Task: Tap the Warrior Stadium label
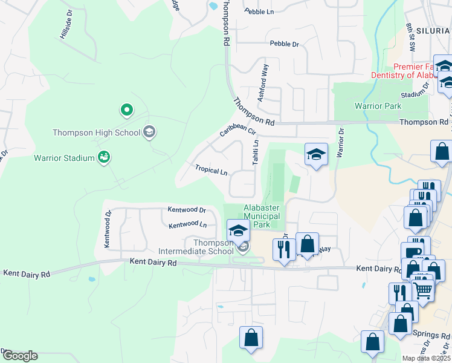(x=63, y=159)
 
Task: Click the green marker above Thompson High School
(x=127, y=110)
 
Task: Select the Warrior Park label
(x=378, y=106)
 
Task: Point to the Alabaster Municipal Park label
(x=262, y=216)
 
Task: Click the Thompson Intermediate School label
(x=196, y=247)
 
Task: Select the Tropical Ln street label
(x=211, y=170)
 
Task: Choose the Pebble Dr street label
(x=285, y=44)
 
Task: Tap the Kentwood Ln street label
(x=187, y=225)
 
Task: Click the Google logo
(x=19, y=356)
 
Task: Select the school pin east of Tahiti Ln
(x=316, y=155)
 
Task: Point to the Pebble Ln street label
(x=259, y=11)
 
